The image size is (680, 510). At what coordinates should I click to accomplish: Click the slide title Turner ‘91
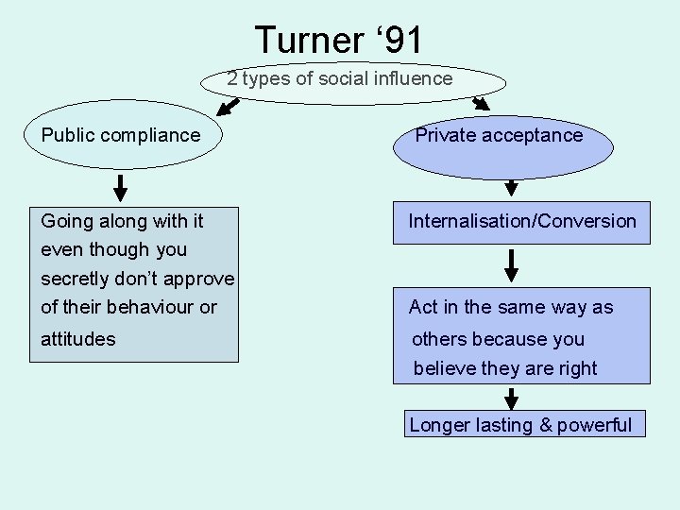(339, 40)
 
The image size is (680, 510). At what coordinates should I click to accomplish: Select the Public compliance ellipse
(121, 136)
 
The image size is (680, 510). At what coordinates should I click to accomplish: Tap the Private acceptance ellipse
(500, 136)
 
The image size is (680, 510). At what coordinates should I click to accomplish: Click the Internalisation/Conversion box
(521, 222)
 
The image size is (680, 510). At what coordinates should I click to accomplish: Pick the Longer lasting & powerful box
(520, 425)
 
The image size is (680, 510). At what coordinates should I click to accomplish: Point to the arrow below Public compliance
(121, 187)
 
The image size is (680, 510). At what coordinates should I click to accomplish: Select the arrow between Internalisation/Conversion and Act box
(511, 266)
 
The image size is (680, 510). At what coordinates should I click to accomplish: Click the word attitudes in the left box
(78, 338)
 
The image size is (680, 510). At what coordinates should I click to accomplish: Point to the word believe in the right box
(445, 368)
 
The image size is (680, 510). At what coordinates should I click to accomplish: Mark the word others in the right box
(439, 339)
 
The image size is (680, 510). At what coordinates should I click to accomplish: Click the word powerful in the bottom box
(594, 425)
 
